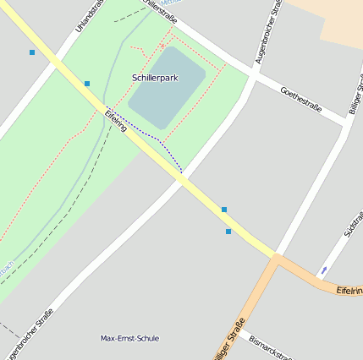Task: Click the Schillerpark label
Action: coord(155,78)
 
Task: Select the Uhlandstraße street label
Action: coord(86,15)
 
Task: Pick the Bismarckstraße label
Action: coord(271,346)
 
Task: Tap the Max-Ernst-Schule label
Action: coord(129,338)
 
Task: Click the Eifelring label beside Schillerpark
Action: coord(116,120)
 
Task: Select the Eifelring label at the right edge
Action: coord(349,290)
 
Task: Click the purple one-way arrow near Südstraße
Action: coord(322,270)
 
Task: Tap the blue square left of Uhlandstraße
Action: coord(32,52)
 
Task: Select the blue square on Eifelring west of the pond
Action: coord(87,83)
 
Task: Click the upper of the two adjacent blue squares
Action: coord(224,209)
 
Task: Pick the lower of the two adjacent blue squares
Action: coord(228,231)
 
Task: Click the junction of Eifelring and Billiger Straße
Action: coord(275,256)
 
